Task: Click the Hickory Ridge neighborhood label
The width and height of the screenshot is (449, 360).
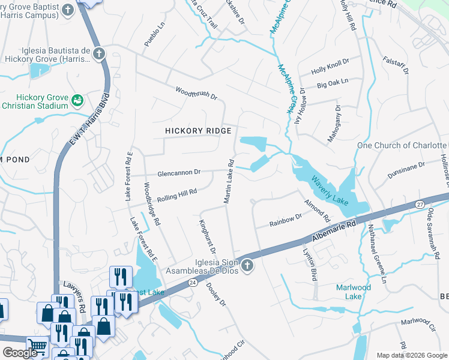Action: click(x=198, y=131)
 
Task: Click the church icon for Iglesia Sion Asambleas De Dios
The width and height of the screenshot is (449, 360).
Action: click(x=247, y=265)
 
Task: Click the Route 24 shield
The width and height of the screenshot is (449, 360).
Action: click(x=192, y=281)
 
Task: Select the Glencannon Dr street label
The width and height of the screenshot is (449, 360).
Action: click(x=179, y=173)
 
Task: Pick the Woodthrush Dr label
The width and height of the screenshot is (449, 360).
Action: click(x=196, y=93)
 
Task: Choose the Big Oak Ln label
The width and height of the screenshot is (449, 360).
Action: click(x=333, y=85)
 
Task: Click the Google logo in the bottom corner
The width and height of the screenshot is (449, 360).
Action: click(x=20, y=353)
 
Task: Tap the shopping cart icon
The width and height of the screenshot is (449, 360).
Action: click(x=37, y=346)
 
